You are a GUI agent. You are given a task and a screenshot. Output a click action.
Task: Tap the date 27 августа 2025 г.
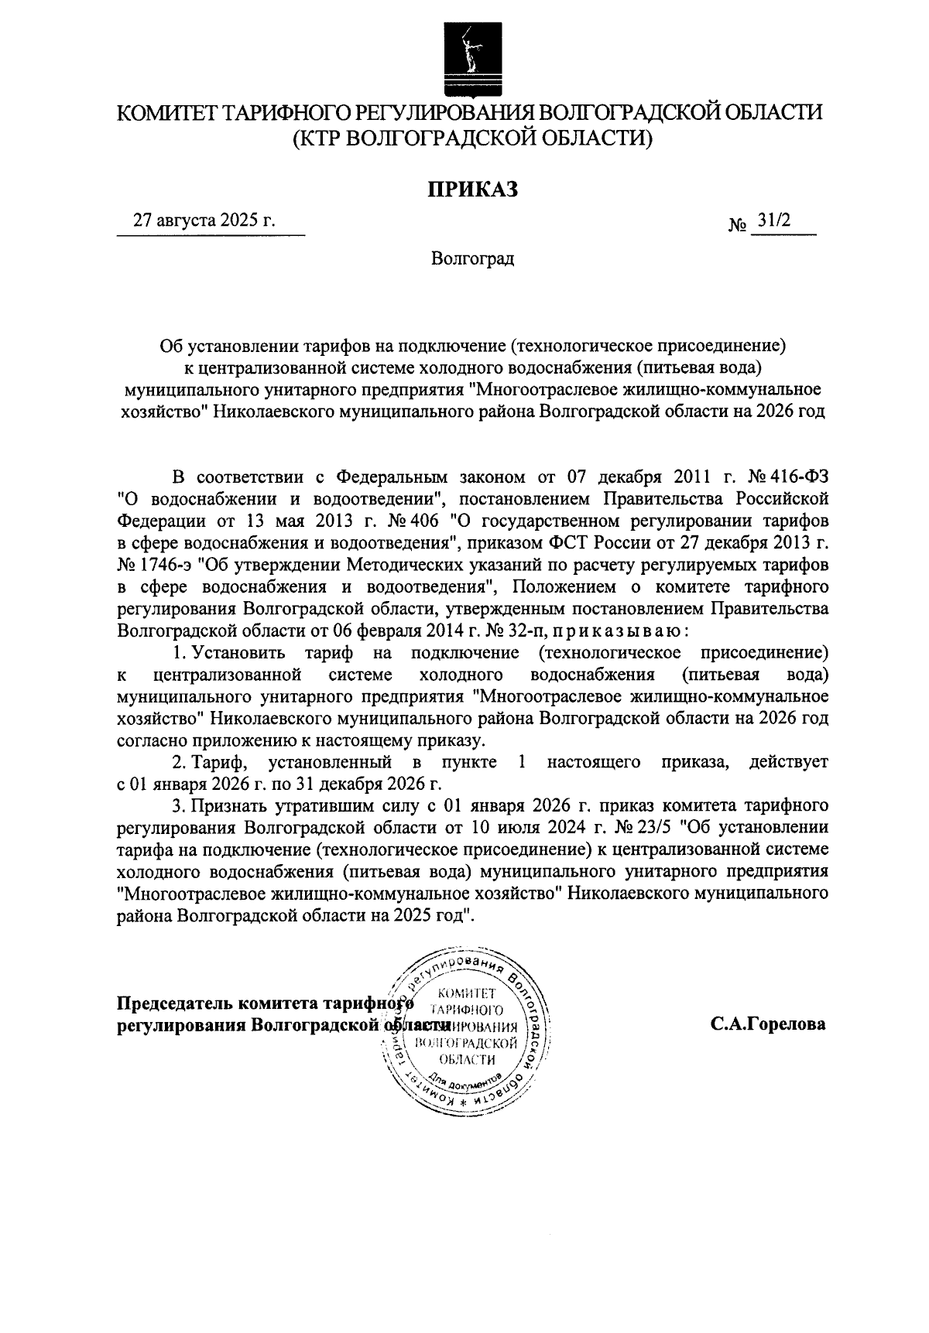point(204,220)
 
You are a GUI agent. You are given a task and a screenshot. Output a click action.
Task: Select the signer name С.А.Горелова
point(769,1024)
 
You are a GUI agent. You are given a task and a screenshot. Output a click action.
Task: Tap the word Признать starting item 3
point(228,806)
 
